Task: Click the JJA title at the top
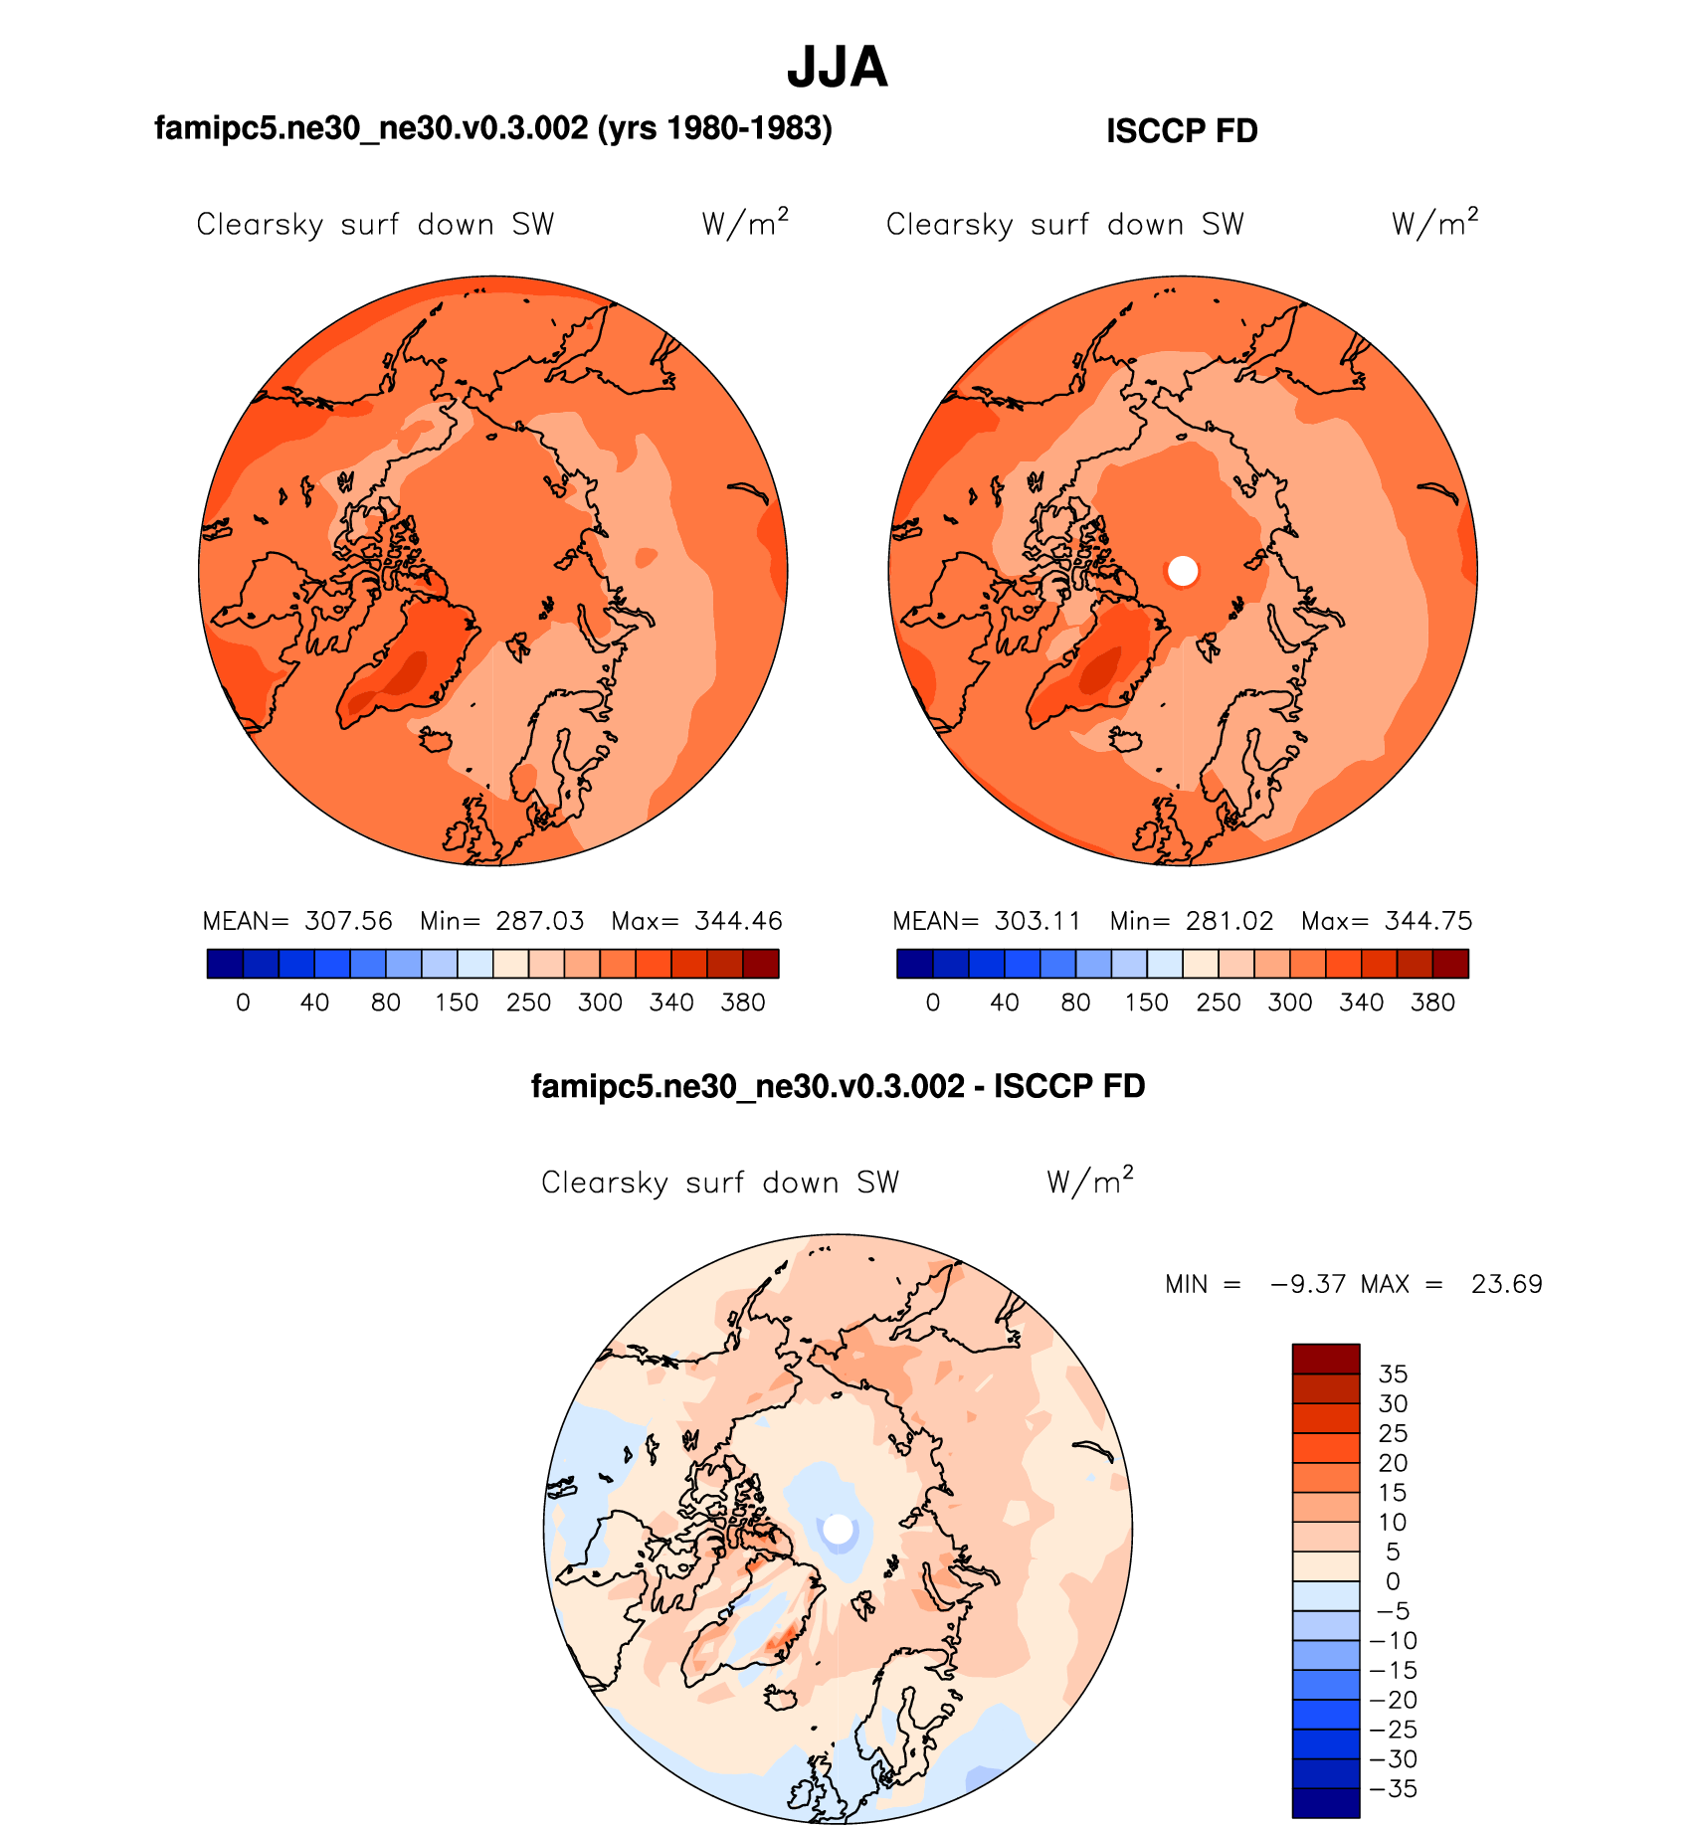click(x=837, y=68)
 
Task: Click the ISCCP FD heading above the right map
click(x=1182, y=131)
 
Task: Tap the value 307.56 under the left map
click(x=348, y=921)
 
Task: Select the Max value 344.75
click(x=1428, y=921)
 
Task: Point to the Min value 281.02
click(x=1229, y=921)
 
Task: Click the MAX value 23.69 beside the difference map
click(x=1506, y=1284)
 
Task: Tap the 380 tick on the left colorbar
click(x=743, y=1003)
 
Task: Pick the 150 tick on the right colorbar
click(x=1147, y=1003)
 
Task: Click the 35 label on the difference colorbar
click(x=1393, y=1374)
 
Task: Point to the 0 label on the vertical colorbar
click(x=1393, y=1581)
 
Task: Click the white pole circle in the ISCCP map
click(x=1183, y=571)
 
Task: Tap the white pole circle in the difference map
click(x=839, y=1529)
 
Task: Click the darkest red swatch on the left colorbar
click(x=761, y=964)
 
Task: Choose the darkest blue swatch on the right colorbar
click(x=914, y=964)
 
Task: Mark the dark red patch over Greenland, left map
click(x=404, y=673)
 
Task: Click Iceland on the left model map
click(x=436, y=739)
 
